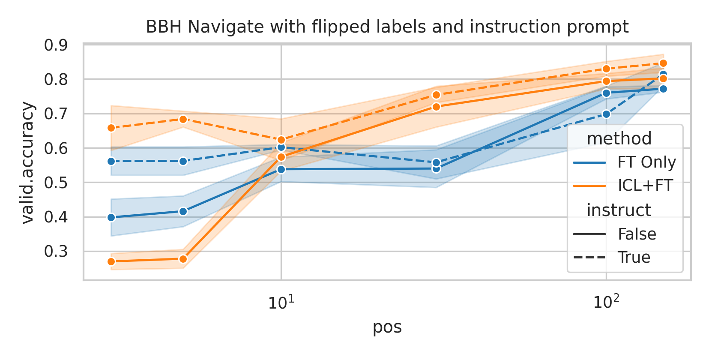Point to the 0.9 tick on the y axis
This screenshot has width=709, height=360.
click(x=56, y=45)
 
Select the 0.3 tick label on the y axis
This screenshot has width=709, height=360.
click(x=56, y=252)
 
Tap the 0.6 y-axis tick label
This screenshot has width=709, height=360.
click(x=56, y=148)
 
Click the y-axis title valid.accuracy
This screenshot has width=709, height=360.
click(x=27, y=162)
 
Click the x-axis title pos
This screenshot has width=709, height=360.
click(x=387, y=327)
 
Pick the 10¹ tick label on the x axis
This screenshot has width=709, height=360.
click(x=281, y=303)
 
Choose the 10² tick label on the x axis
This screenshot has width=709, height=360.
click(x=606, y=303)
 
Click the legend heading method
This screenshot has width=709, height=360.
click(x=619, y=139)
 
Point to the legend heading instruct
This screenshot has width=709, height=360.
click(x=619, y=210)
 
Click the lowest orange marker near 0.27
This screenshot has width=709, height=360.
click(x=111, y=261)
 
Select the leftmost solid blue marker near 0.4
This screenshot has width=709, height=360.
click(x=111, y=217)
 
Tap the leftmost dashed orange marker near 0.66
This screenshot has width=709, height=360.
click(x=111, y=128)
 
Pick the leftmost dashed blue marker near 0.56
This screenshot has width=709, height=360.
click(x=111, y=161)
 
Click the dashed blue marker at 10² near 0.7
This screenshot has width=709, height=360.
click(x=606, y=114)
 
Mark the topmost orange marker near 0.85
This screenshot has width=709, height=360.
click(x=663, y=63)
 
